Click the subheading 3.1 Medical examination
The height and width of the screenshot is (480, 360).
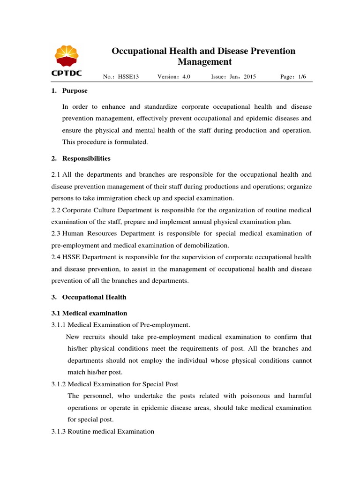(x=89, y=313)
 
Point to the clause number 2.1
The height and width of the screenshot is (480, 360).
(x=56, y=174)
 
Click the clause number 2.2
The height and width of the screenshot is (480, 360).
(x=56, y=210)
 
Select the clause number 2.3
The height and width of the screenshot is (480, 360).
(x=56, y=233)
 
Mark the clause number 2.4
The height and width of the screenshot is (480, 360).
(x=56, y=257)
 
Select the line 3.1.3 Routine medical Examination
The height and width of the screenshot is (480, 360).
(x=103, y=431)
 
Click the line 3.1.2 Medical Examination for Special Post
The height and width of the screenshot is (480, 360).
(x=114, y=384)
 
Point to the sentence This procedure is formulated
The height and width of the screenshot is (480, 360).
(x=105, y=142)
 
